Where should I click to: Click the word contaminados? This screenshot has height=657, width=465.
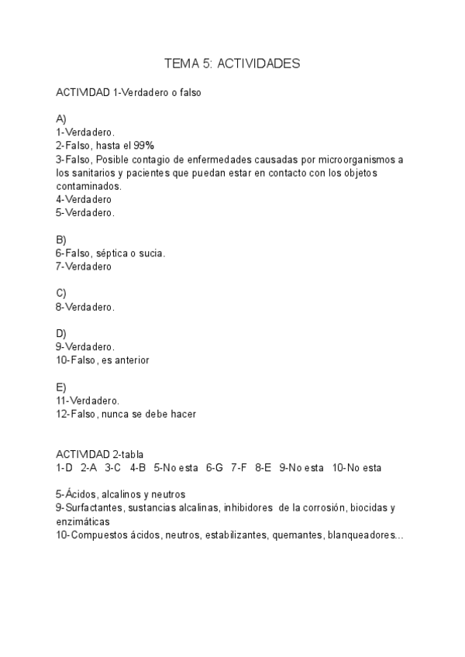[88, 186]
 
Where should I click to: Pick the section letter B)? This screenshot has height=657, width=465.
[61, 239]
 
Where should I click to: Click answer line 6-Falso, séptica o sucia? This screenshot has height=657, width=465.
[111, 253]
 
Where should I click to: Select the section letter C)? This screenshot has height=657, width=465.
[61, 293]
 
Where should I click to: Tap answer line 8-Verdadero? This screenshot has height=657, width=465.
[85, 307]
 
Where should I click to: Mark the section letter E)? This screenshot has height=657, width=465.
[61, 387]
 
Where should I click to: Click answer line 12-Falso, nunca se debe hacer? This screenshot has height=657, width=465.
[126, 414]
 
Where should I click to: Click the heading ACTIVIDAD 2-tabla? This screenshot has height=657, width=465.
[99, 454]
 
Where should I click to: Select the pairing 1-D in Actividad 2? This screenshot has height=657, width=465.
[64, 467]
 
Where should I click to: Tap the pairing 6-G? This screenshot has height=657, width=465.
[214, 467]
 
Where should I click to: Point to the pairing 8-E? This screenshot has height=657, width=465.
[263, 467]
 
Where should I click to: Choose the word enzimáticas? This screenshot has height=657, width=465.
[83, 521]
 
